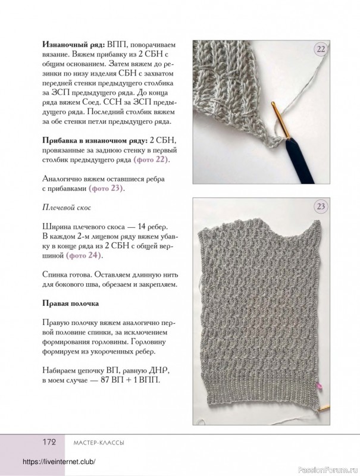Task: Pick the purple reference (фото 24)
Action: (84, 256)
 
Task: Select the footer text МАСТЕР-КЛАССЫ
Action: (98, 443)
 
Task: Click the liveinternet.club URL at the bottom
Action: (58, 463)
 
